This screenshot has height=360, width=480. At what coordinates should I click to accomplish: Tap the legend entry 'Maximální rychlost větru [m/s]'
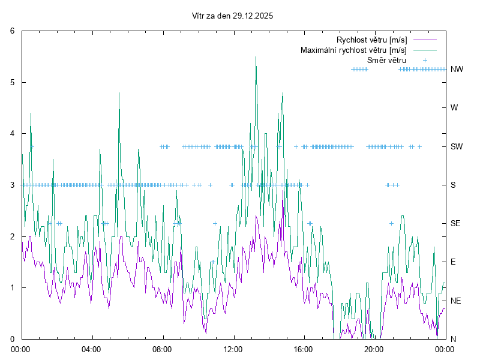[353, 50]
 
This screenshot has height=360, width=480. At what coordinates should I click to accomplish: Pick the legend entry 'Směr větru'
[386, 60]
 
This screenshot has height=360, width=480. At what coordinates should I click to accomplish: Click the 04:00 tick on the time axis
[92, 349]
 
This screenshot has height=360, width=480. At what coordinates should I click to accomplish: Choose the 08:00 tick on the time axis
[162, 349]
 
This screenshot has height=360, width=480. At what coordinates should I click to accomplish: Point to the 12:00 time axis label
[233, 349]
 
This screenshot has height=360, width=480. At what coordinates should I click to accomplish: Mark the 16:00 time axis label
[304, 349]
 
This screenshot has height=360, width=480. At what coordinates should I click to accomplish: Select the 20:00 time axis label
[374, 349]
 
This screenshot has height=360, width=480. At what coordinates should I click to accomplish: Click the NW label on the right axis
[457, 69]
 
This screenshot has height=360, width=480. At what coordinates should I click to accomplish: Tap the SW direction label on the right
[457, 146]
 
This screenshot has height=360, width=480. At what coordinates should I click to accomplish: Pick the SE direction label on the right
[456, 223]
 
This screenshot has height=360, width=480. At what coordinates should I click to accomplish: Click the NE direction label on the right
[456, 300]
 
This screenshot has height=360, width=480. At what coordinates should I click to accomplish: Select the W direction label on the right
[454, 108]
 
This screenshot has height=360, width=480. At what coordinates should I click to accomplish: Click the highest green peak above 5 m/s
[256, 57]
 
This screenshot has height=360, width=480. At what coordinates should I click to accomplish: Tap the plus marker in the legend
[424, 60]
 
